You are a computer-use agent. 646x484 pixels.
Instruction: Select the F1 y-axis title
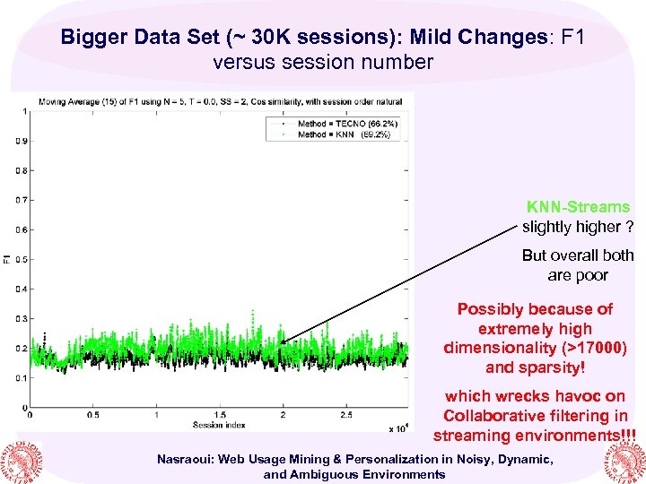point(7,260)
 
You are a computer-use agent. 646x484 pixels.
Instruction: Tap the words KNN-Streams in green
point(578,207)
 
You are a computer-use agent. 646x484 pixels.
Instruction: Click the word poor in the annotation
point(591,275)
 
